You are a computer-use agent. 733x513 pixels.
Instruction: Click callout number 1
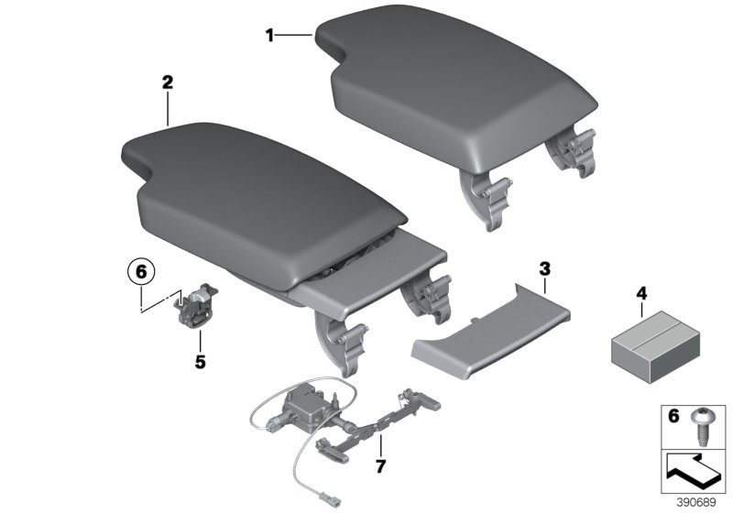pyautogui.click(x=269, y=36)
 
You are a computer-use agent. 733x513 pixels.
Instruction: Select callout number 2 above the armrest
pyautogui.click(x=167, y=82)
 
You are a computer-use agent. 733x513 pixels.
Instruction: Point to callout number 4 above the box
pyautogui.click(x=641, y=293)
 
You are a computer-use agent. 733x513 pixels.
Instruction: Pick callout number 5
pyautogui.click(x=200, y=361)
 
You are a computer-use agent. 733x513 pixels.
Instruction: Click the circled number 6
pyautogui.click(x=141, y=272)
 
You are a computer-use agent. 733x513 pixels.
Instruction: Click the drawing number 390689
pyautogui.click(x=702, y=503)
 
